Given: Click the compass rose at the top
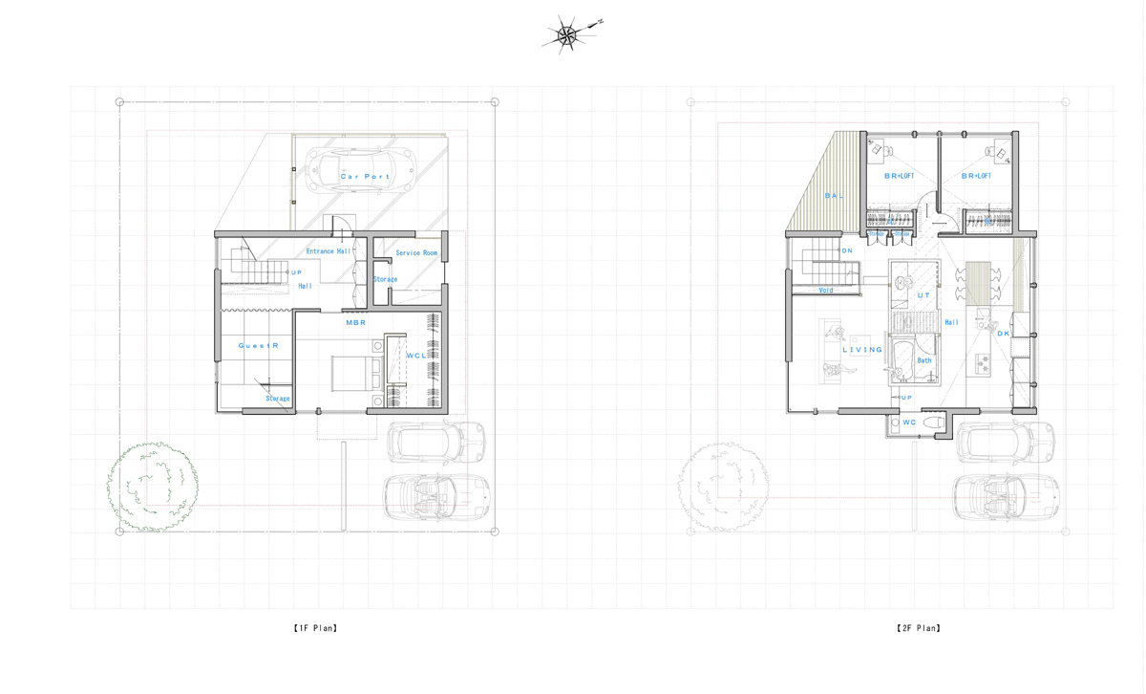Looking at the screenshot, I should point(567,35).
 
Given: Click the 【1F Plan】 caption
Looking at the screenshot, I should point(315,628).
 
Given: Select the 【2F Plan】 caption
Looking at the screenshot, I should point(919,628).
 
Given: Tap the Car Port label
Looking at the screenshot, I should point(365,177).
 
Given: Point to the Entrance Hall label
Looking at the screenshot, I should point(329,251).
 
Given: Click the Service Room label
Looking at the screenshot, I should point(416,253).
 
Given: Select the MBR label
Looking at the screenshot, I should point(355,323).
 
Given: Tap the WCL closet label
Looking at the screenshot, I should point(416,356).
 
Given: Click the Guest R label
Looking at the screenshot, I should point(258,345).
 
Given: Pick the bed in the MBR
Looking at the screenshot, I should point(355,372).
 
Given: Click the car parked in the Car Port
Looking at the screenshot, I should point(365,170).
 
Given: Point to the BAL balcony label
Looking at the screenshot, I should point(834,196).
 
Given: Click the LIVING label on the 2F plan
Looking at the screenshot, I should point(862,350).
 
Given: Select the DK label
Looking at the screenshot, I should point(1003,334).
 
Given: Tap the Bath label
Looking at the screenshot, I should point(923,360).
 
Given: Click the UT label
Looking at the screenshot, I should point(923,295).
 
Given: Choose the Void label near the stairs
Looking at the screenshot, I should point(825,290).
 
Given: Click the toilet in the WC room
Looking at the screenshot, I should point(935,422).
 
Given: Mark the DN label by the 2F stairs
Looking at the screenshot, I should point(846,251).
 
